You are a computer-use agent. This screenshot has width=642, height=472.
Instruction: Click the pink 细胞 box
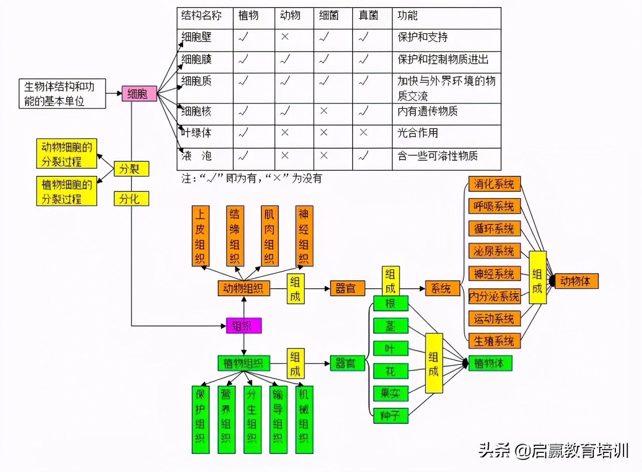click(x=139, y=93)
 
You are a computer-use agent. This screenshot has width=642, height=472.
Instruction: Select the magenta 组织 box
click(x=244, y=326)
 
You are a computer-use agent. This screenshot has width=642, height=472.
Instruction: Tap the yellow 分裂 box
click(x=131, y=169)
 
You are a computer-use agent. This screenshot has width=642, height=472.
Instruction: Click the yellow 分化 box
click(x=131, y=198)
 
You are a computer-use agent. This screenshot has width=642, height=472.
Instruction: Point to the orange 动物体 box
click(x=576, y=281)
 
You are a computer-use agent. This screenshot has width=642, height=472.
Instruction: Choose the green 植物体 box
click(x=490, y=364)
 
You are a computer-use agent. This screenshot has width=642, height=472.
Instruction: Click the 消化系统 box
click(x=494, y=184)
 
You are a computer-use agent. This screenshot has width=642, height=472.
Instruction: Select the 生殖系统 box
click(x=494, y=341)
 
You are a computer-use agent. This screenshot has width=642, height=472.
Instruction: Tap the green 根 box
click(x=391, y=304)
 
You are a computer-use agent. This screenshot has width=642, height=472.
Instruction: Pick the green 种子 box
click(x=391, y=416)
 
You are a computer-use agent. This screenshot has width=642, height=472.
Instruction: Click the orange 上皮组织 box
click(x=200, y=235)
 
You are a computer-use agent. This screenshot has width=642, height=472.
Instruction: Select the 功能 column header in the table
click(x=407, y=16)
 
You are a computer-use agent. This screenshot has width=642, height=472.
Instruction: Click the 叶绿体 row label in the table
click(x=197, y=133)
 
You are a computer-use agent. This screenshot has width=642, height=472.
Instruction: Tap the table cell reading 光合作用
click(x=418, y=133)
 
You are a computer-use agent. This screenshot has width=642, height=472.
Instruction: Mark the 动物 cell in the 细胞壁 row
click(x=284, y=37)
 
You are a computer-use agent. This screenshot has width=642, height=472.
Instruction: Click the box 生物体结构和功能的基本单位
click(x=63, y=93)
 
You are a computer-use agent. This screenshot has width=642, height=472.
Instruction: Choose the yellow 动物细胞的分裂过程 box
click(x=67, y=154)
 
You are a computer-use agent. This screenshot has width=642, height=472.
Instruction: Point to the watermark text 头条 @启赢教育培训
click(x=553, y=450)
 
